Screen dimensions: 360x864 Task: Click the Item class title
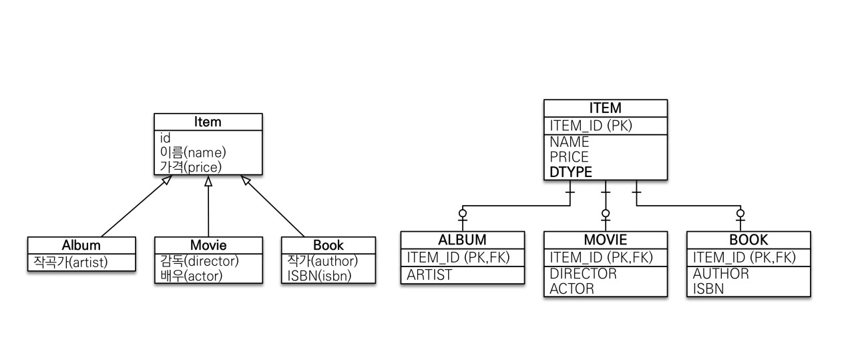[x=208, y=122]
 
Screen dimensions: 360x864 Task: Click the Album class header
[x=81, y=245]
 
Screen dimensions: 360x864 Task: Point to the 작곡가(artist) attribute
[x=68, y=261]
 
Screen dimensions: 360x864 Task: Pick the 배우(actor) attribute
[x=191, y=275]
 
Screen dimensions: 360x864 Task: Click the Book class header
[x=328, y=245]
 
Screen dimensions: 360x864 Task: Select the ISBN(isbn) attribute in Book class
[x=319, y=275]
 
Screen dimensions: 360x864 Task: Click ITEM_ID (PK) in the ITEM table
[x=590, y=125]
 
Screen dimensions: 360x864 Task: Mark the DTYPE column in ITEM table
[x=570, y=172]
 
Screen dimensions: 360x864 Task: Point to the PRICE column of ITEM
[x=569, y=157]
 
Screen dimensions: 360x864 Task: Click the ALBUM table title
[x=462, y=240]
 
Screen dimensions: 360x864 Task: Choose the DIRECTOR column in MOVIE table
[x=583, y=274]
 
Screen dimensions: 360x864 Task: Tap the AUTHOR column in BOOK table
[x=721, y=274]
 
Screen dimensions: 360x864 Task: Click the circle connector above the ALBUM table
[x=462, y=214]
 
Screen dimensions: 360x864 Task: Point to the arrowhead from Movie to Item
[x=208, y=182]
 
